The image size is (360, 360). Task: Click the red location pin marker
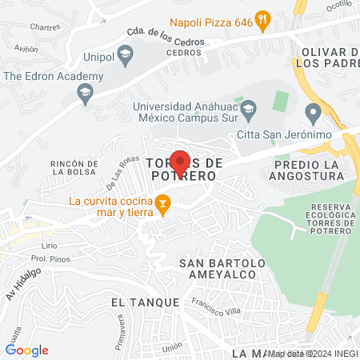[x=180, y=162]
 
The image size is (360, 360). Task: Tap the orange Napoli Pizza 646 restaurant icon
[x=262, y=22]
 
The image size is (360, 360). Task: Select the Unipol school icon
[x=124, y=55]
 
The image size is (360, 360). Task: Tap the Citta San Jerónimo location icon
[x=313, y=110]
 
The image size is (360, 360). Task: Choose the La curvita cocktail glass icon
[x=162, y=206]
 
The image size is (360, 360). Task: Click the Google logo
[x=26, y=350]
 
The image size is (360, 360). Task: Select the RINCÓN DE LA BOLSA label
[x=74, y=167]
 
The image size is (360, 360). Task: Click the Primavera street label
[x=122, y=327]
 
